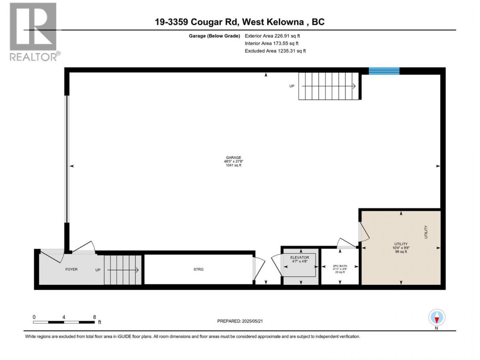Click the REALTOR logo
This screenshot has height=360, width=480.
[35, 32]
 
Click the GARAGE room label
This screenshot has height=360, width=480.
[233, 157]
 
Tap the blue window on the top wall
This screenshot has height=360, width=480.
[384, 71]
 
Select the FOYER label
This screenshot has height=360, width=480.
[71, 269]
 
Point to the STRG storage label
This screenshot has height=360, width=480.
[198, 269]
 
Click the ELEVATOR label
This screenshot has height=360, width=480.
[299, 257]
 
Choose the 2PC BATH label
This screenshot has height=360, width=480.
[340, 266]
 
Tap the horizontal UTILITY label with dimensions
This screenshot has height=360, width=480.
[401, 247]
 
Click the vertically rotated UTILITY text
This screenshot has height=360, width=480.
[426, 232]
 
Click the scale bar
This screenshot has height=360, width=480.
[64, 322]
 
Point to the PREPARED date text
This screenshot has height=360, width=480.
[240, 321]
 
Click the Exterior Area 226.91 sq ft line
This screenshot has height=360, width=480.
[272, 36]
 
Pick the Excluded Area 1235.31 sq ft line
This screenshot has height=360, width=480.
[275, 51]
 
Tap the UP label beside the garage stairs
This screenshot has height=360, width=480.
[292, 86]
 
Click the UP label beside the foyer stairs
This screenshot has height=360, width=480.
[98, 270]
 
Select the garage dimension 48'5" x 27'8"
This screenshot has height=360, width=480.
[233, 161]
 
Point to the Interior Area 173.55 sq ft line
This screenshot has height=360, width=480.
[271, 43]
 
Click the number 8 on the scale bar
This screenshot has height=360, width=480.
[94, 317]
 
